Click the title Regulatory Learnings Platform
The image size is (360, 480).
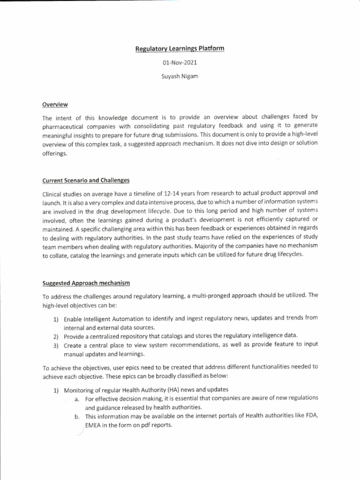click(180, 49)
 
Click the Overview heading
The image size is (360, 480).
click(55, 104)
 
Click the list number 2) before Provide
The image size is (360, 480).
click(55, 337)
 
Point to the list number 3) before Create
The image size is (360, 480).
click(55, 345)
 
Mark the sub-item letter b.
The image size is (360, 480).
click(77, 416)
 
